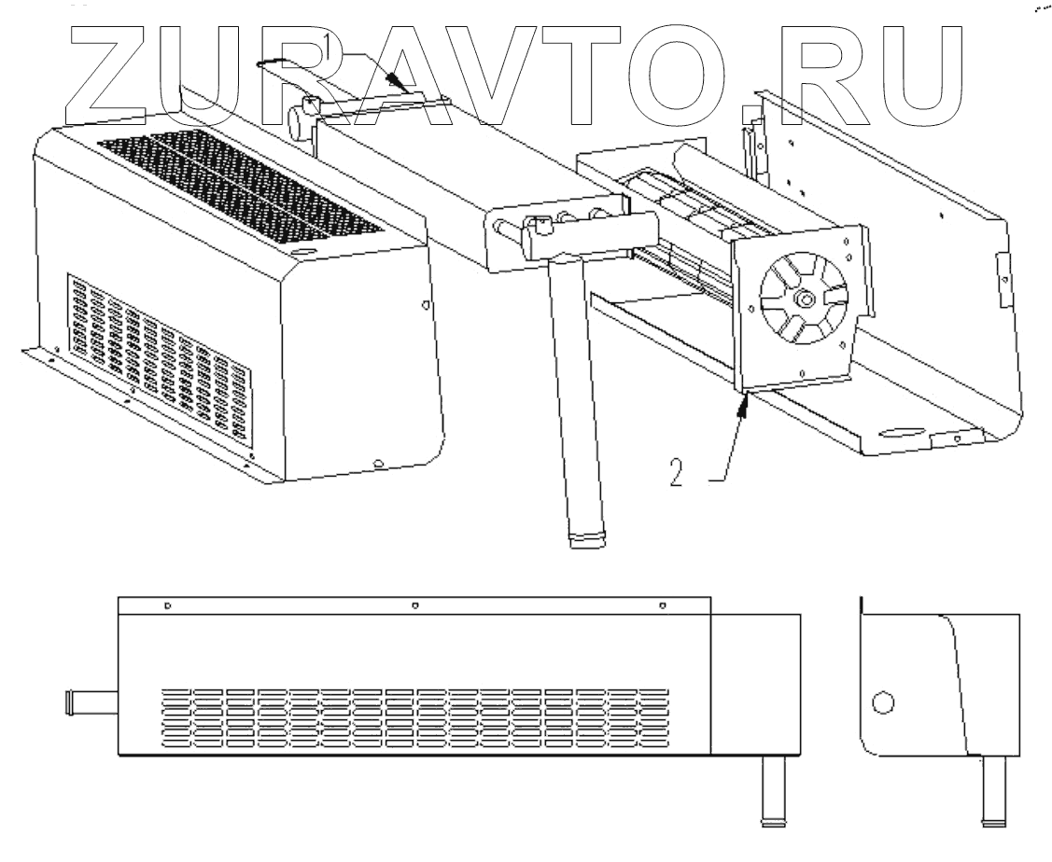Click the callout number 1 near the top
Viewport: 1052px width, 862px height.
coord(328,44)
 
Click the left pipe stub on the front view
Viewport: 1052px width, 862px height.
coord(91,700)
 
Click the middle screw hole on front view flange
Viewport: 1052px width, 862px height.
coord(414,605)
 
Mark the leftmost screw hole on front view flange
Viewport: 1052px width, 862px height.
coord(166,605)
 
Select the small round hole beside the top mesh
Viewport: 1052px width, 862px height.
coord(303,252)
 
